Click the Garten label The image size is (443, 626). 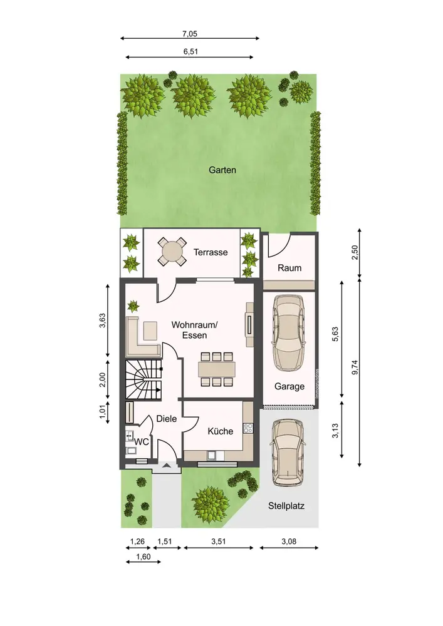(x=222, y=170)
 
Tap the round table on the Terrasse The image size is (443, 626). (x=172, y=252)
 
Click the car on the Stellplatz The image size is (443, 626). (x=288, y=453)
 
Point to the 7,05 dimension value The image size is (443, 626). (x=190, y=34)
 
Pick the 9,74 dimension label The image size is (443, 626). (x=355, y=367)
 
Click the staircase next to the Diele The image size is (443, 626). (x=144, y=380)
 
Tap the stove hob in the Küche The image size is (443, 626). (x=248, y=428)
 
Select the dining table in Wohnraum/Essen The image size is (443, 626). (x=217, y=369)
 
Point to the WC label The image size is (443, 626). (x=142, y=442)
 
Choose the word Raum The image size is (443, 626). (x=289, y=268)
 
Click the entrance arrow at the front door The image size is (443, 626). (x=167, y=465)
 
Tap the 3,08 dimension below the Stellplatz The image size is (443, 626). (x=289, y=541)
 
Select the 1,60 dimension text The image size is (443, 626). (x=143, y=557)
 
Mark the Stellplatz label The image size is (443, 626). (x=286, y=506)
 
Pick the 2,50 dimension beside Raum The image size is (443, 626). (x=355, y=252)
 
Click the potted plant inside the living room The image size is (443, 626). (x=133, y=306)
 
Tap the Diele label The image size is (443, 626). (x=167, y=419)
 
